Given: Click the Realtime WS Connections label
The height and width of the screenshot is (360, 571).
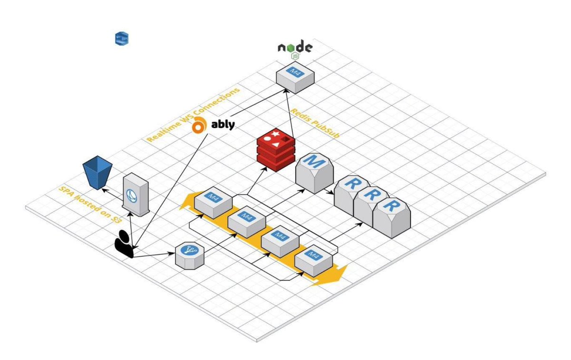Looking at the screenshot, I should (192, 115).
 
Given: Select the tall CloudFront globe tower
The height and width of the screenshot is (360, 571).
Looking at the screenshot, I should (135, 195).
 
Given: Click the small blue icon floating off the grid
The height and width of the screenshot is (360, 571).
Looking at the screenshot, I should (122, 39).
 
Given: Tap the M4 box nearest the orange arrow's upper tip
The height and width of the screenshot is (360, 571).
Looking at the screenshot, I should (213, 202).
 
